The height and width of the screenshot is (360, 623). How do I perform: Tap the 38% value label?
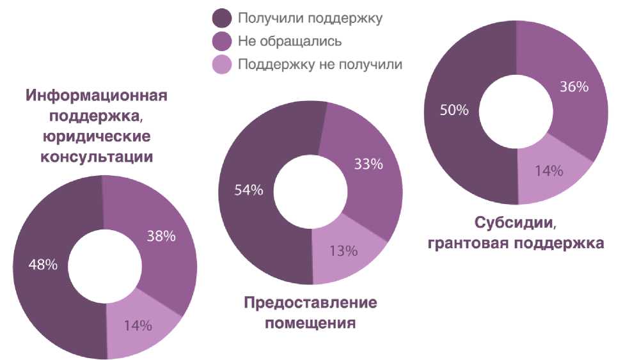(x=161, y=236)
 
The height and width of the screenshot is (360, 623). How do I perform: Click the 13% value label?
(x=343, y=250)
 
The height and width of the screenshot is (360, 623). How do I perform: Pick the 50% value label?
(x=454, y=109)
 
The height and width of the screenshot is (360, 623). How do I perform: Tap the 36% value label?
(x=574, y=86)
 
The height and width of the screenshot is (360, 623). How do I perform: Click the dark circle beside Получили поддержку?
(x=222, y=18)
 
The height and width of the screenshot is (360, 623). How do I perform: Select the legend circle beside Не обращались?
(x=222, y=42)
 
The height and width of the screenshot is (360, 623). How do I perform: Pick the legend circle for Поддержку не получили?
(x=222, y=65)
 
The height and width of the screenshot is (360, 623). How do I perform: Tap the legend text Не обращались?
(x=289, y=42)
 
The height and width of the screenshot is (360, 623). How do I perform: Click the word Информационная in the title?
(x=97, y=96)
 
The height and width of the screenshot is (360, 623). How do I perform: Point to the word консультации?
(x=97, y=156)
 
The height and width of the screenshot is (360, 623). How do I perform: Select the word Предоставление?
(x=310, y=302)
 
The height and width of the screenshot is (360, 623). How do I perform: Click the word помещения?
(x=310, y=322)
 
